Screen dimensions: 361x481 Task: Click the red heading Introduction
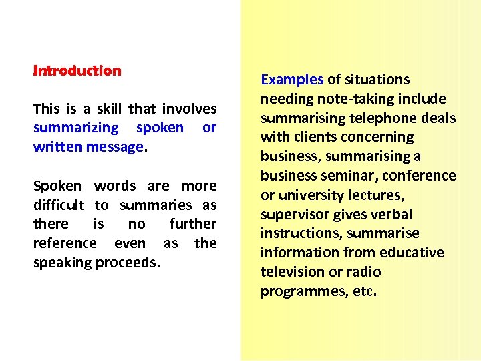point(77,70)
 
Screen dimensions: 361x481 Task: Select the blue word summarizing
point(75,128)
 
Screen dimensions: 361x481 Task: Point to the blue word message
point(115,146)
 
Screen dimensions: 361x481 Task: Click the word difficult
point(59,205)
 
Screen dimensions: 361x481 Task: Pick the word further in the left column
point(193,224)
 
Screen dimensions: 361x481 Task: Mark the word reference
point(65,243)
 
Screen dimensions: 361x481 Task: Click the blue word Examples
point(292,80)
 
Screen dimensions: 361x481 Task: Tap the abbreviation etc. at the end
point(365,291)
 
